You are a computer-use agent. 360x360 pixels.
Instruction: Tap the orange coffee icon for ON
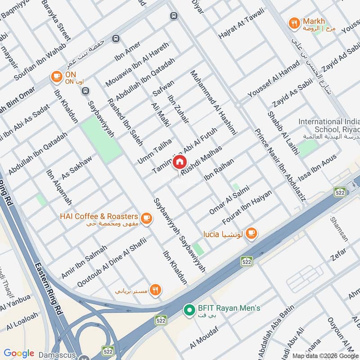pyautogui.click(x=56, y=76)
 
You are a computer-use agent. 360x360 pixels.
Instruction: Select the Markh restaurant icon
pyautogui.click(x=294, y=23)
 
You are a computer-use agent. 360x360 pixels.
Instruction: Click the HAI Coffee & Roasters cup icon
pyautogui.click(x=146, y=218)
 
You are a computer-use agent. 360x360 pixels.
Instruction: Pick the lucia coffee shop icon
pyautogui.click(x=252, y=233)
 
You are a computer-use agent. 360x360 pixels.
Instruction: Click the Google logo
pyautogui.click(x=19, y=353)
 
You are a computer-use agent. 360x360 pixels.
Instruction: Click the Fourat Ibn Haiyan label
pyautogui.click(x=247, y=207)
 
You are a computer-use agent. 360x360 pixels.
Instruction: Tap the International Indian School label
pyautogui.click(x=329, y=125)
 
